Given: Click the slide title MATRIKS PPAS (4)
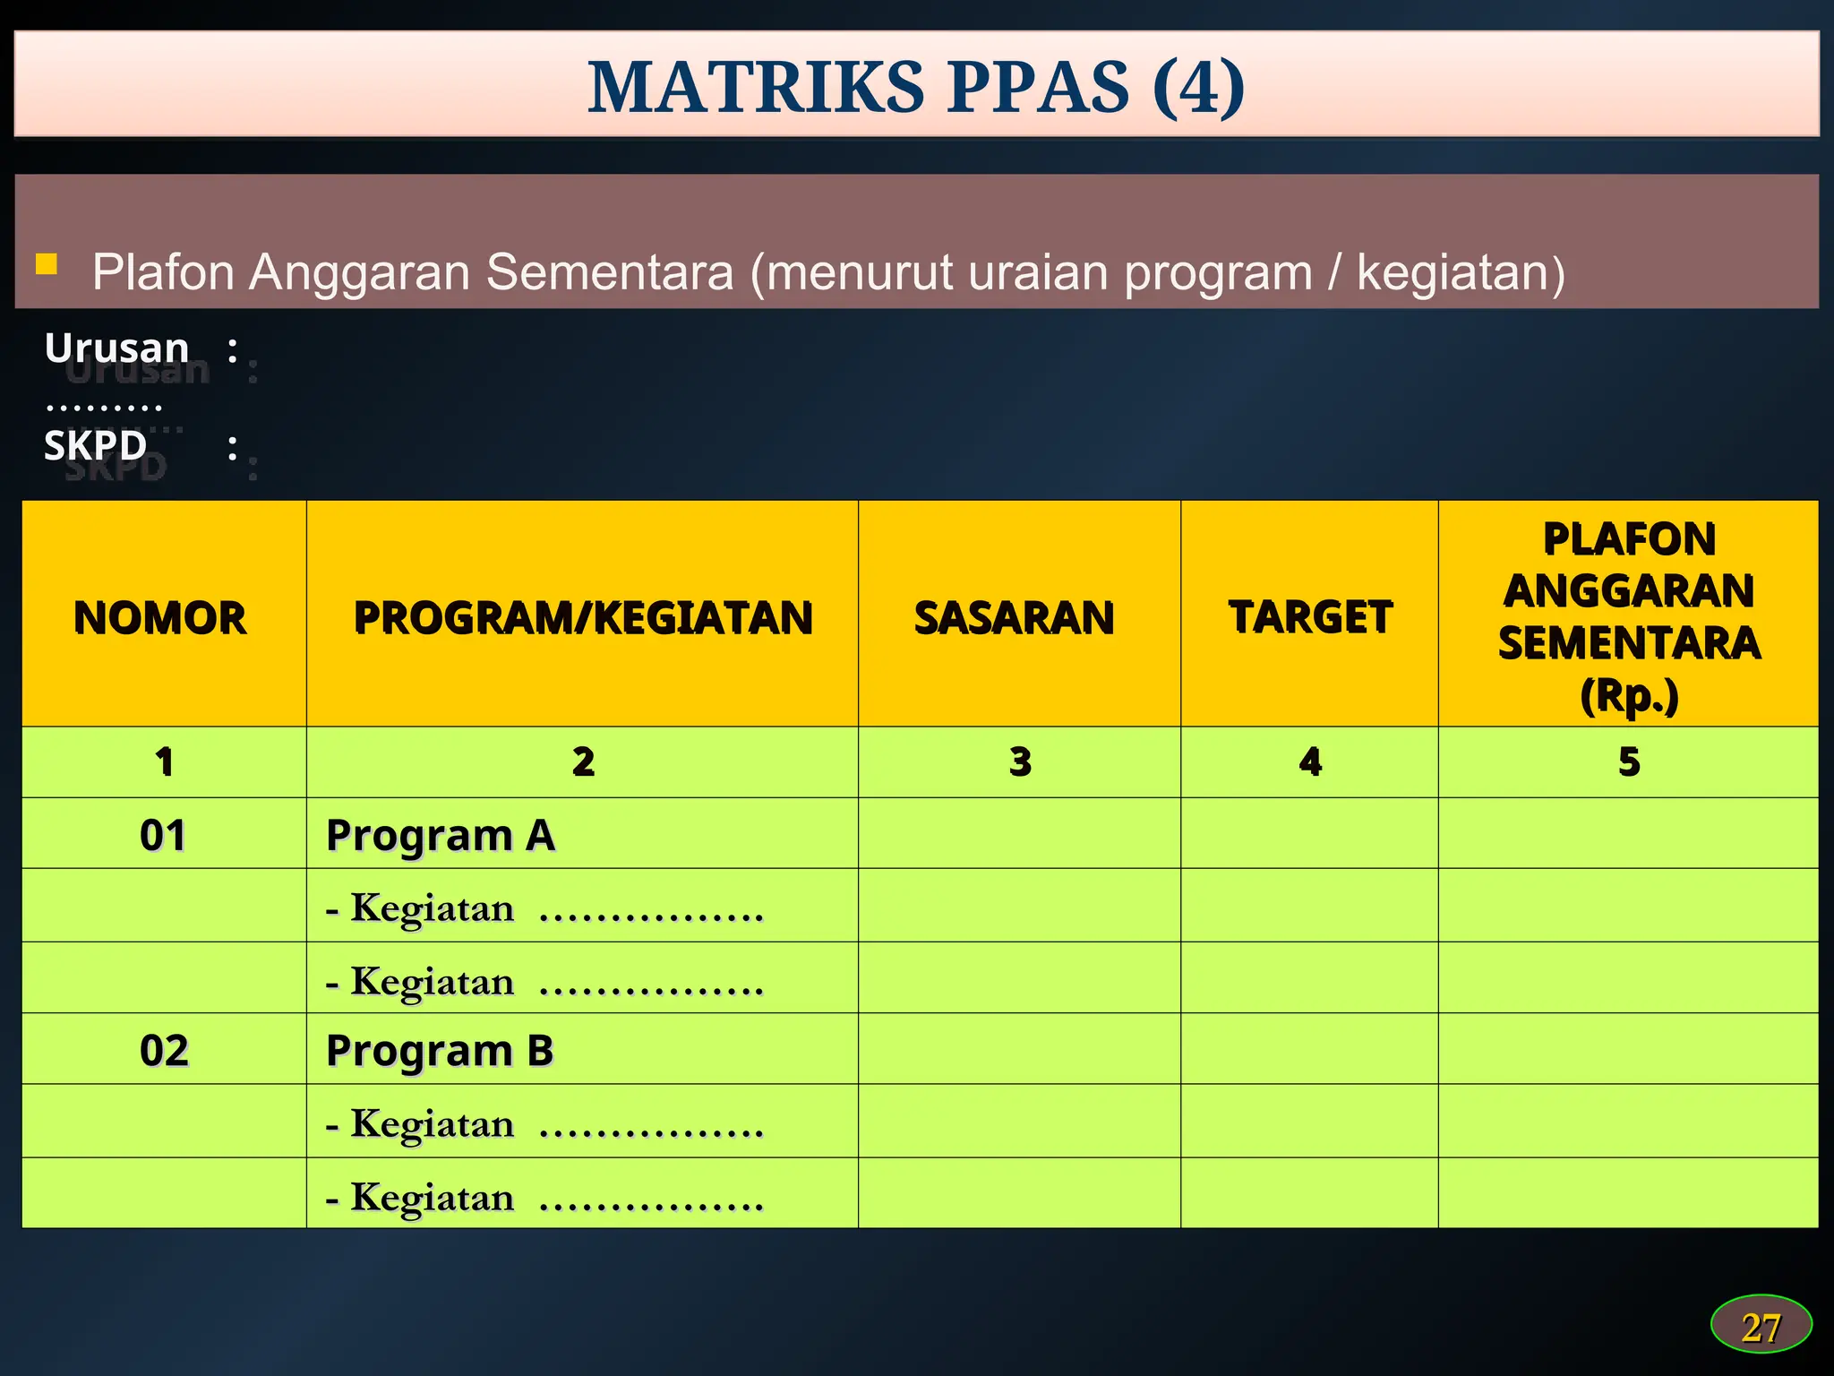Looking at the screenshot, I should pos(916,87).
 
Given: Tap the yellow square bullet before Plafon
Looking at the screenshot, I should pos(47,263).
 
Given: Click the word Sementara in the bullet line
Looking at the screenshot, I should pos(609,272).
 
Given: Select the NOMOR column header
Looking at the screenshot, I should pos(160,618).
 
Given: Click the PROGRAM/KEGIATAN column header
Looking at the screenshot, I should pos(583,618).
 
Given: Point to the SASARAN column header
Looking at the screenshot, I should pos(1015,618).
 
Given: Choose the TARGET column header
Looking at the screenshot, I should pos(1310,617).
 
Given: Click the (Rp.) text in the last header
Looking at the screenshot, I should pos(1629,695).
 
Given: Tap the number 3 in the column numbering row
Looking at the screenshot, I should pos(1020,761).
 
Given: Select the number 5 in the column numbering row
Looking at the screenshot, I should pos(1629,761).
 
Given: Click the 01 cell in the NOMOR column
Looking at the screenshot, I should pos(163,835).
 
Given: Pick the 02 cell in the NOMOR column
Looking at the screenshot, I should pos(164,1050).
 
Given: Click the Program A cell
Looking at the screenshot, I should pos(441,835).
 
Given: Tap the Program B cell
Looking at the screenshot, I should pos(440,1050).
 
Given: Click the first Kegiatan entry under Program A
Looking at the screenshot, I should pos(544,908).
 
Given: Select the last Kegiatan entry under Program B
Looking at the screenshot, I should pos(544,1198).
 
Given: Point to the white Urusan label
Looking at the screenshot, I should pos(117,348).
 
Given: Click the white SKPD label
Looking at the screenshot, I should pos(96,445).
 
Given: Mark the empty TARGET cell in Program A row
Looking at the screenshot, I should pos(1309,833).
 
